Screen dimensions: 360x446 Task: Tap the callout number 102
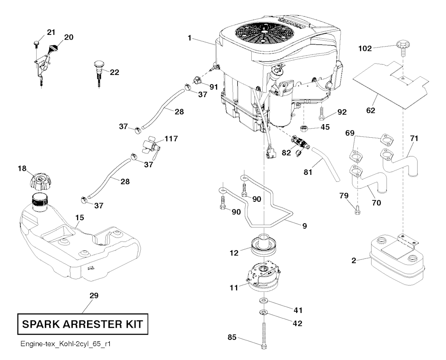pos(365,49)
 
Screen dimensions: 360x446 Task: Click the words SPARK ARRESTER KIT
pos(82,325)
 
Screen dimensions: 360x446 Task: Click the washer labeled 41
pos(264,301)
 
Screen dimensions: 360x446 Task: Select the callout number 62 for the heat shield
pos(371,111)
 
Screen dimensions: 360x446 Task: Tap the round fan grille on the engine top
pos(264,31)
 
